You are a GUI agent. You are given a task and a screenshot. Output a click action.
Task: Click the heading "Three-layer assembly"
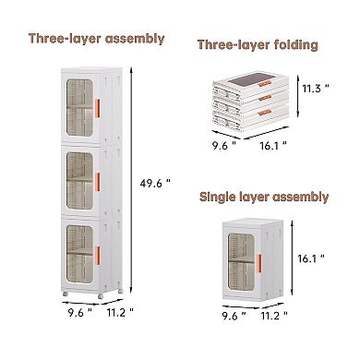[97, 39]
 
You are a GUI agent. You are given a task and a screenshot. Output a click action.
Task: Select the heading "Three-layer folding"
[258, 44]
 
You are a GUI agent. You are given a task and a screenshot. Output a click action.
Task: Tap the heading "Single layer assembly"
[264, 197]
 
